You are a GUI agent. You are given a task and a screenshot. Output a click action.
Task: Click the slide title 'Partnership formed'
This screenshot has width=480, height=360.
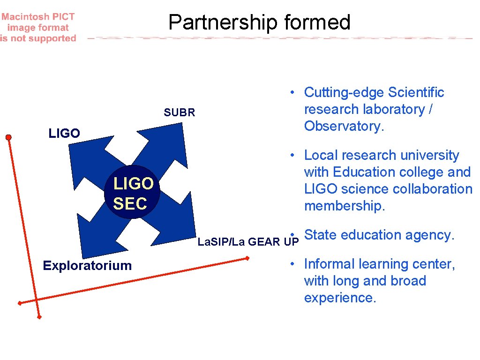tap(259, 22)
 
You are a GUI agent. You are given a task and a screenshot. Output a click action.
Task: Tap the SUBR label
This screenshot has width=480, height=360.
tap(179, 112)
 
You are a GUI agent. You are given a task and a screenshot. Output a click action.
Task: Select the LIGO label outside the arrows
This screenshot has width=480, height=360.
tap(64, 134)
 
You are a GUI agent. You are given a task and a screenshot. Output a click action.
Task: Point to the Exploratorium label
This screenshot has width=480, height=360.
tap(87, 266)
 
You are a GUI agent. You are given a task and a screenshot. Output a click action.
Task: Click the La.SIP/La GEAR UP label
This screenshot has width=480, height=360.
tap(248, 242)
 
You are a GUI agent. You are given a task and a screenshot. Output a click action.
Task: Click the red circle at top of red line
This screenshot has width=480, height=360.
tap(8, 137)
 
